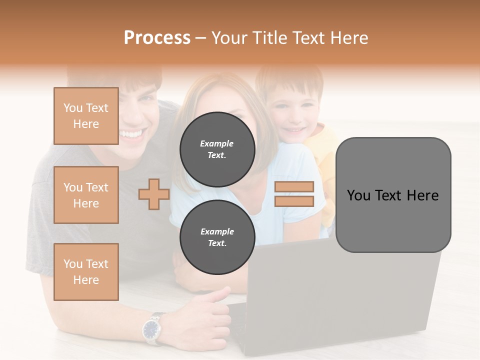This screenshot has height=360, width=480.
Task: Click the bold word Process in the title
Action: click(x=157, y=38)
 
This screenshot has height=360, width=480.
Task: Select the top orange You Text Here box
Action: click(x=86, y=116)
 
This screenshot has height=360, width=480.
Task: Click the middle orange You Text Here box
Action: click(x=86, y=195)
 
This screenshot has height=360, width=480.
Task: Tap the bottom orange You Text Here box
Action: click(x=86, y=272)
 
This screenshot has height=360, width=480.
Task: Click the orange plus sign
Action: click(x=153, y=194)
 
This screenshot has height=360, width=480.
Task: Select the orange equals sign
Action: click(x=294, y=194)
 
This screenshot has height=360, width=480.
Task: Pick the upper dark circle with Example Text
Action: click(x=217, y=149)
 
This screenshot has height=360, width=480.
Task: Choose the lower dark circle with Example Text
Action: click(x=217, y=237)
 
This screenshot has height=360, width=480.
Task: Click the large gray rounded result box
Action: click(x=393, y=195)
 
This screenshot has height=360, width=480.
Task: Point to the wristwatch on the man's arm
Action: click(x=151, y=329)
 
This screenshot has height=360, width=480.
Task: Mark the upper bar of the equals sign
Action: click(x=294, y=186)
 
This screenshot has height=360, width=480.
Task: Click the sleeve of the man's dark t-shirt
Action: click(x=42, y=220)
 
